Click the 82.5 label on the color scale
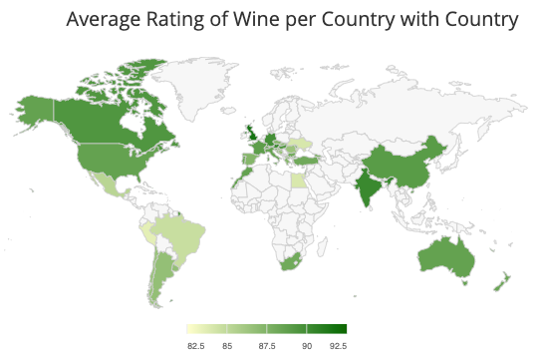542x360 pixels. pyautogui.click(x=196, y=344)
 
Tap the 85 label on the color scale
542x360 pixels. pyautogui.click(x=227, y=344)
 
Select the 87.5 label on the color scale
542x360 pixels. pyautogui.click(x=266, y=344)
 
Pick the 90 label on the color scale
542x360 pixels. pyautogui.click(x=307, y=344)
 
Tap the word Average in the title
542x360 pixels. pyautogui.click(x=105, y=20)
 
